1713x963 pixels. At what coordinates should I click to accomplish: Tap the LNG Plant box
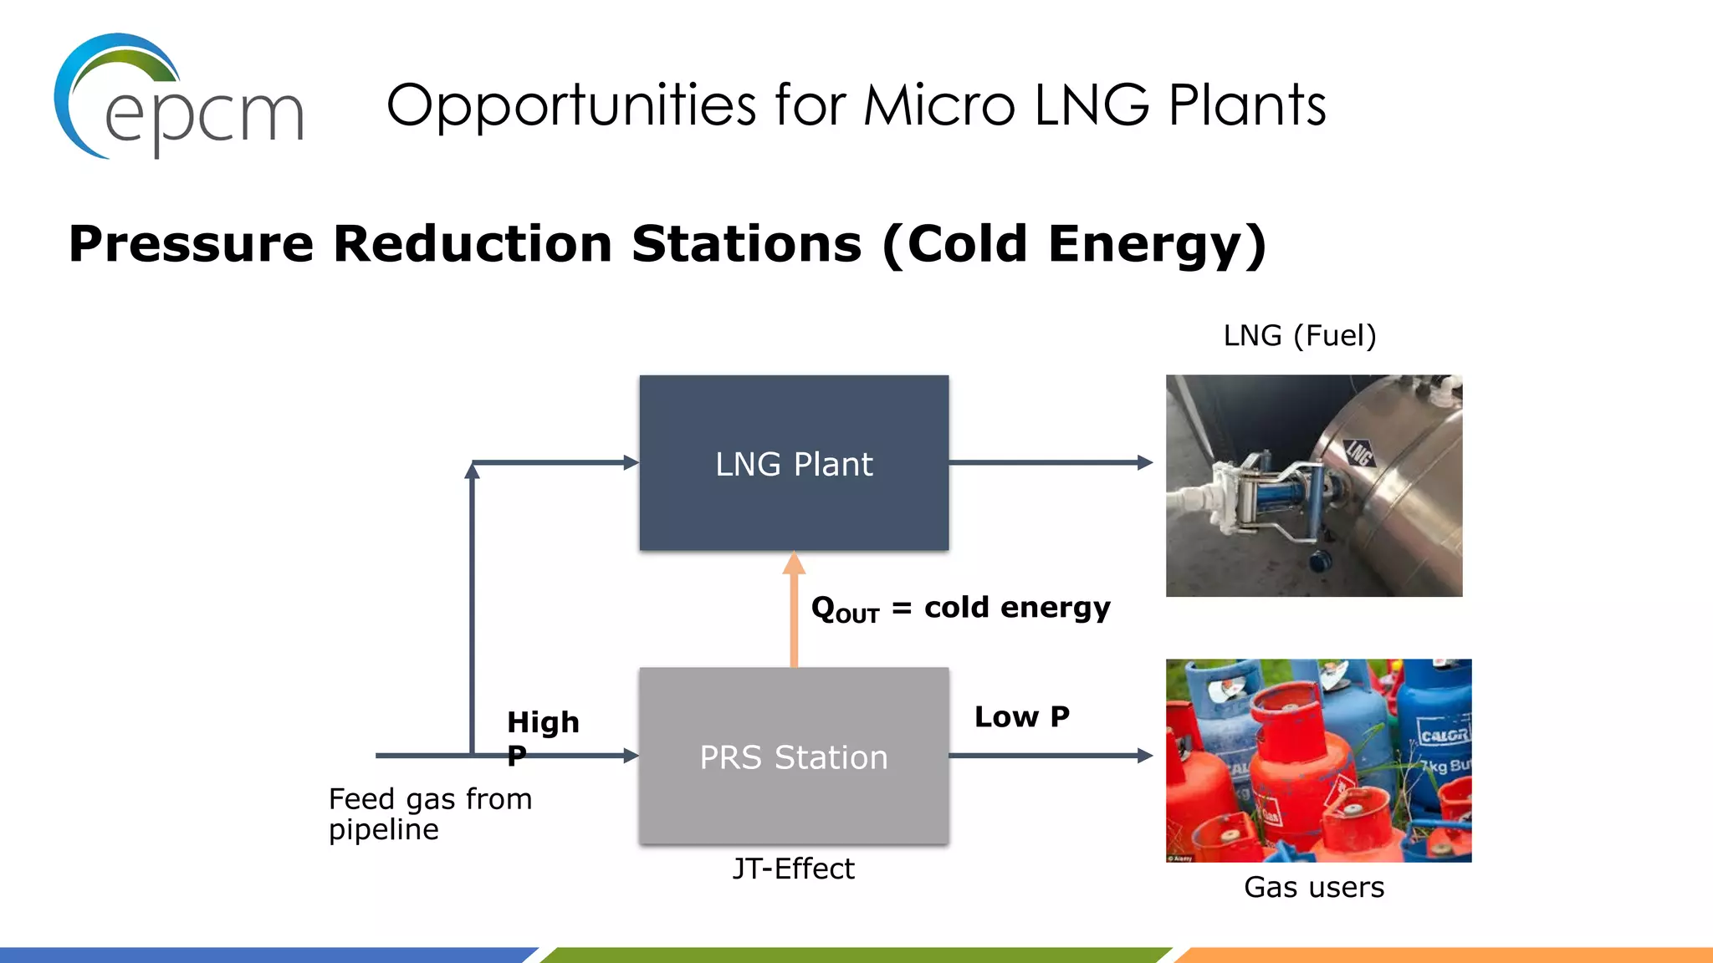794,463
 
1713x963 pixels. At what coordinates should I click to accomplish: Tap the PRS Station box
794,756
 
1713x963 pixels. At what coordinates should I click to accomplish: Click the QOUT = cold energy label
960,608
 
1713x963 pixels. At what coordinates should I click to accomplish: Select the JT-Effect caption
793,869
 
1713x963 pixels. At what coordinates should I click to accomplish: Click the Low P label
1021,716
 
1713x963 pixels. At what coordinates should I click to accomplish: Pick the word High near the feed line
543,721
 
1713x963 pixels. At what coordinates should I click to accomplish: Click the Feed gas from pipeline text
429,813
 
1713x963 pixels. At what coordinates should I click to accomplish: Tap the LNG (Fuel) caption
1299,335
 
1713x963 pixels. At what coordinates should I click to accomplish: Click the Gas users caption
1313,887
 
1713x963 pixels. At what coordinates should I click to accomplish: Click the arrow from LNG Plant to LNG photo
1050,462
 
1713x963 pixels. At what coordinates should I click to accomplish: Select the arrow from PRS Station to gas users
1050,756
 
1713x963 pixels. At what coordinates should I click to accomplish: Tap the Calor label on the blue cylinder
1444,736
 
